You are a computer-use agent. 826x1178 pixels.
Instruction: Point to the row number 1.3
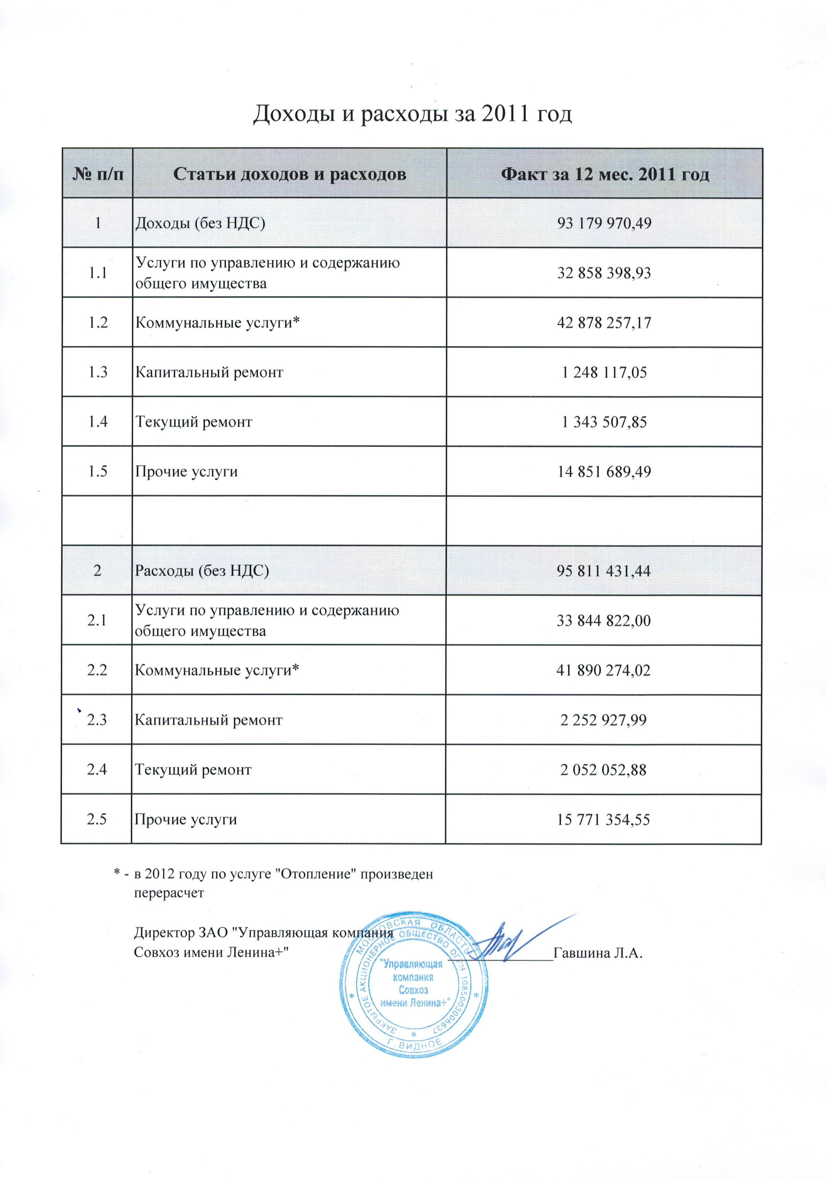(x=97, y=372)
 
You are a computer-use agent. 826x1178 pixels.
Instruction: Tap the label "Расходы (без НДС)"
(x=202, y=570)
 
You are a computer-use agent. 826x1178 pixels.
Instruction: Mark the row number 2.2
(x=97, y=670)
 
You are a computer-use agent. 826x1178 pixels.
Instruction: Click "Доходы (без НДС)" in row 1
(x=200, y=223)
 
